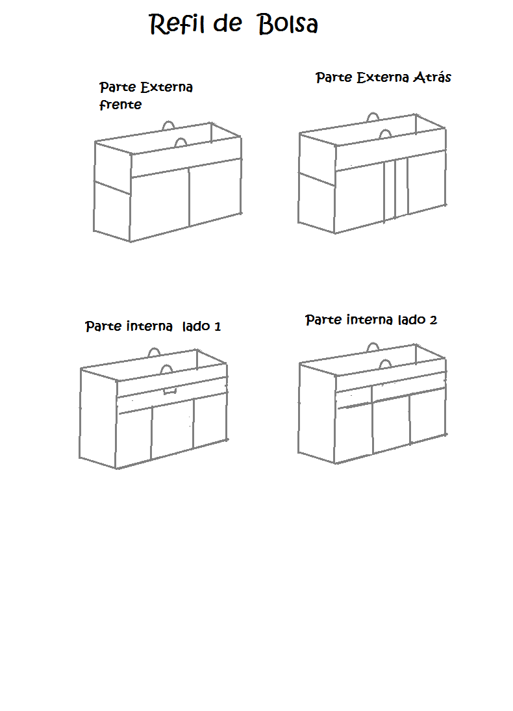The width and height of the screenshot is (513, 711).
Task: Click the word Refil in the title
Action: point(177,23)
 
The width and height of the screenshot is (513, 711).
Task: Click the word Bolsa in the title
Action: point(288,24)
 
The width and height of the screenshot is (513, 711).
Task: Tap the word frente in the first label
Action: point(121,105)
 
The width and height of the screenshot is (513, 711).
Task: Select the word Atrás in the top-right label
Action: point(432,77)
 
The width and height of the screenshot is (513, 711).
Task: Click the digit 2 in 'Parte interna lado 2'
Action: point(433,320)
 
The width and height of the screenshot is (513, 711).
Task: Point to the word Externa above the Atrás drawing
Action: point(382,77)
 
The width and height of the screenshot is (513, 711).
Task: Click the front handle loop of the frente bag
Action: point(181,142)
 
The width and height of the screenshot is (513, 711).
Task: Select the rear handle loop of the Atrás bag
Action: point(373,116)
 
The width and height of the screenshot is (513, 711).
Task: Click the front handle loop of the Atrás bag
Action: point(384,133)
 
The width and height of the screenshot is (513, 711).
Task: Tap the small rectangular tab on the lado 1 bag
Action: point(170,391)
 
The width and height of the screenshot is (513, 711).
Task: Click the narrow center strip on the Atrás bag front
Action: point(390,190)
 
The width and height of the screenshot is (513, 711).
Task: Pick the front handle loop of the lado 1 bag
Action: point(167,368)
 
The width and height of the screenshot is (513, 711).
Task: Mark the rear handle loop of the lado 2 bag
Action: point(373,346)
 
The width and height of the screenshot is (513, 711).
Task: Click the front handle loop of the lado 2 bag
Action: point(384,364)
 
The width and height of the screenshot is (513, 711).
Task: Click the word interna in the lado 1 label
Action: point(149,326)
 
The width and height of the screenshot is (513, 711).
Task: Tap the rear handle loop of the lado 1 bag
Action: point(155,352)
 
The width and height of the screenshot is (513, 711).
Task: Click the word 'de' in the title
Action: point(227,23)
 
